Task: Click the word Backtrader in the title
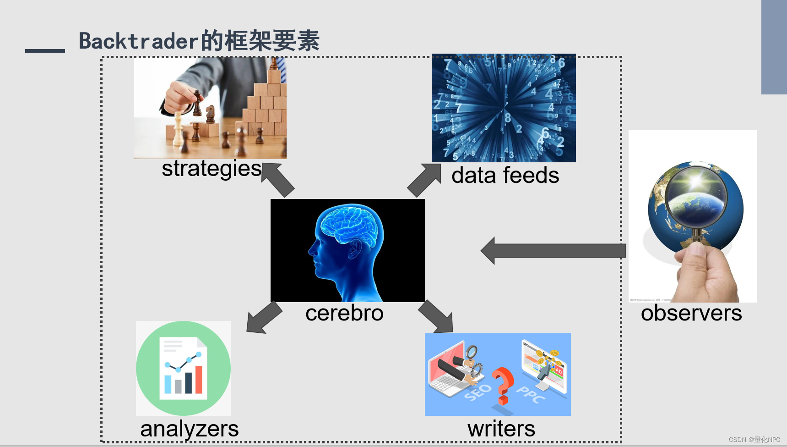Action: point(139,41)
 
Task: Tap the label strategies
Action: point(212,169)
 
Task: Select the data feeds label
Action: point(505,176)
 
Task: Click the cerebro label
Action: point(344,313)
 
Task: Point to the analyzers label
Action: point(189,429)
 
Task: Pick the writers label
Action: point(501,429)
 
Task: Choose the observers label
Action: point(691,313)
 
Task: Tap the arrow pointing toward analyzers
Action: point(264,317)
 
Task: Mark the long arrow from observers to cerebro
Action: point(554,251)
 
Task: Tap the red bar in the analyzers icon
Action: point(199,380)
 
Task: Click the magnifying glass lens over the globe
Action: point(696,195)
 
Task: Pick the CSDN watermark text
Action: point(754,439)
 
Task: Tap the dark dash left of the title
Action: point(45,50)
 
